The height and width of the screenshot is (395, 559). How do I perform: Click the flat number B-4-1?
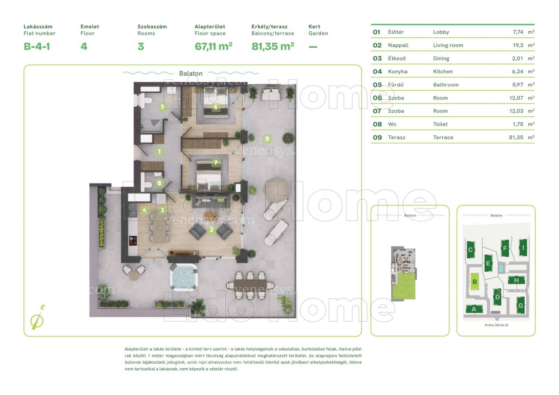[x=37, y=46]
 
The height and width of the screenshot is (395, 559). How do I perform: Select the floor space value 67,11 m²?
[x=213, y=46]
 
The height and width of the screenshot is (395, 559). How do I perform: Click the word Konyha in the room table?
[x=398, y=72]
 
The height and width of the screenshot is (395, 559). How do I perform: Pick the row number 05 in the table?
[x=377, y=85]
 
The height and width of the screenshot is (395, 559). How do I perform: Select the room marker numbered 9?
[x=267, y=139]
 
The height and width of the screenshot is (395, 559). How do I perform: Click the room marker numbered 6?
[x=215, y=107]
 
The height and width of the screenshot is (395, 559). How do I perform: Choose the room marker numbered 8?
[x=159, y=183]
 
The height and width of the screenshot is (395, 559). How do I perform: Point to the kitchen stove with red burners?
[x=133, y=241]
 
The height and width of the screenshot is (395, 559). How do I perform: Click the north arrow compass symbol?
[x=37, y=319]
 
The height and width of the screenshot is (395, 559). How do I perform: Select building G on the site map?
[x=521, y=305]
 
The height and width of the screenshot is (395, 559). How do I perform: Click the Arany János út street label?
[x=496, y=325]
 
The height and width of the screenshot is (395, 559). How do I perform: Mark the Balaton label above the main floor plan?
[x=191, y=73]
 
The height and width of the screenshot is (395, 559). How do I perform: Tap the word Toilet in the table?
[x=440, y=124]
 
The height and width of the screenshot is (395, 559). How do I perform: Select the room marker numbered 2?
[x=212, y=229]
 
